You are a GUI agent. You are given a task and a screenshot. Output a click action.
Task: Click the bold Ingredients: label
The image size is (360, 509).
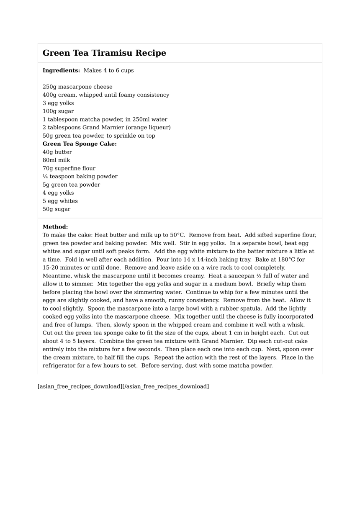[x=61, y=70]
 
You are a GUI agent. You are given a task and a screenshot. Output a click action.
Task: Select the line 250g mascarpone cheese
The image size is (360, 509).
[x=77, y=87]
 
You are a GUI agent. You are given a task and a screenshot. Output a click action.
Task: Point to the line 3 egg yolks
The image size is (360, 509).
[x=58, y=103]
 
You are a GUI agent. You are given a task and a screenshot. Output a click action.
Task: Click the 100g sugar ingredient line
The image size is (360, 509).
[x=58, y=111]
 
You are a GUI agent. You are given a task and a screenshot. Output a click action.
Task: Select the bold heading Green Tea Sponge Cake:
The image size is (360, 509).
[x=80, y=144]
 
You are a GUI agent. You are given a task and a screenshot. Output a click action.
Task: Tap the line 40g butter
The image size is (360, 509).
[x=57, y=152]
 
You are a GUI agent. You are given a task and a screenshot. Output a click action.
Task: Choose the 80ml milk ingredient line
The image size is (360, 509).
[x=57, y=160]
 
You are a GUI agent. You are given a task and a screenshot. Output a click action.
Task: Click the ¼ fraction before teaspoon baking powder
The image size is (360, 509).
[x=45, y=177]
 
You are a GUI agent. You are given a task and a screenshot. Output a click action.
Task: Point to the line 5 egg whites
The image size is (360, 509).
[x=60, y=201]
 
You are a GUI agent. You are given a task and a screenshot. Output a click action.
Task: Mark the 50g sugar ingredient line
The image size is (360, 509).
[x=57, y=209]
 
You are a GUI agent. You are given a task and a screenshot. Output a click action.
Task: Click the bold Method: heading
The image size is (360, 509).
[x=55, y=227]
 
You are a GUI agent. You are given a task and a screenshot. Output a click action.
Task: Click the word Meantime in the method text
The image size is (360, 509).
[x=57, y=276]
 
